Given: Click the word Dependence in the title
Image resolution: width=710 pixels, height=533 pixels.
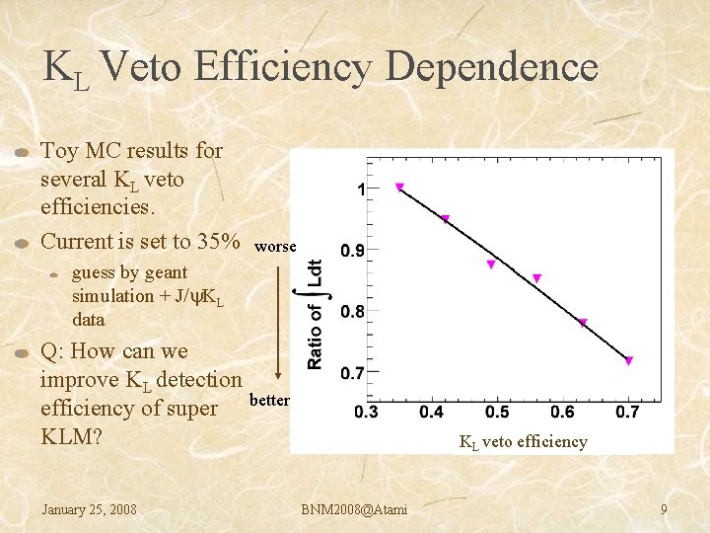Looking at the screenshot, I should tap(491, 68).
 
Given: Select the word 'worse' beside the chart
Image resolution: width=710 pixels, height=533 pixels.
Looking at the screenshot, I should tap(274, 247).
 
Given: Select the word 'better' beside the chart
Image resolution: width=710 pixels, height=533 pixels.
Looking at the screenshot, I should tap(269, 400).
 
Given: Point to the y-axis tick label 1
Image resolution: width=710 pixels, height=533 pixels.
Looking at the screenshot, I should tap(361, 189).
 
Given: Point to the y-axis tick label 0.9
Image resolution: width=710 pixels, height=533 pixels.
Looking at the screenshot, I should tap(353, 251).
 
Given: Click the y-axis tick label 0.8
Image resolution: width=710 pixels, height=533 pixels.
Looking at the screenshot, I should tap(353, 312).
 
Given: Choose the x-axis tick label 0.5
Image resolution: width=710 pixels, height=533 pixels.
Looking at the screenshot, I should tap(497, 411).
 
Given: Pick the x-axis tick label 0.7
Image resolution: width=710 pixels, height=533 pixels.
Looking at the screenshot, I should tap(627, 411).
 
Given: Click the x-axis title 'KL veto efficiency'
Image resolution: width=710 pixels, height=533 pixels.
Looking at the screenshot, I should tap(523, 442).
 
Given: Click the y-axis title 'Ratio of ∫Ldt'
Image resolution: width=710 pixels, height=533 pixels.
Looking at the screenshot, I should tap(315, 314).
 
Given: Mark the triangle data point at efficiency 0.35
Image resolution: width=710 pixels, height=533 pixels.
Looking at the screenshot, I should tap(399, 187).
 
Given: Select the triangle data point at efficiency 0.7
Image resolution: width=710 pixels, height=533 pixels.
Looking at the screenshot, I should tap(628, 361).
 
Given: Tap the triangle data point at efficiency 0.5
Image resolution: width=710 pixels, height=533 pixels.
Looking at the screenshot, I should tap(491, 265).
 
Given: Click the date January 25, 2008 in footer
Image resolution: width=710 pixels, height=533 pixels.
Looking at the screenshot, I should tap(89, 509).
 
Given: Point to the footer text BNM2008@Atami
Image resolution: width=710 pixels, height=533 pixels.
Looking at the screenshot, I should tap(355, 509).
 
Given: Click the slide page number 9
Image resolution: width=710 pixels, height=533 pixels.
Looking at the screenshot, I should tap(664, 509).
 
